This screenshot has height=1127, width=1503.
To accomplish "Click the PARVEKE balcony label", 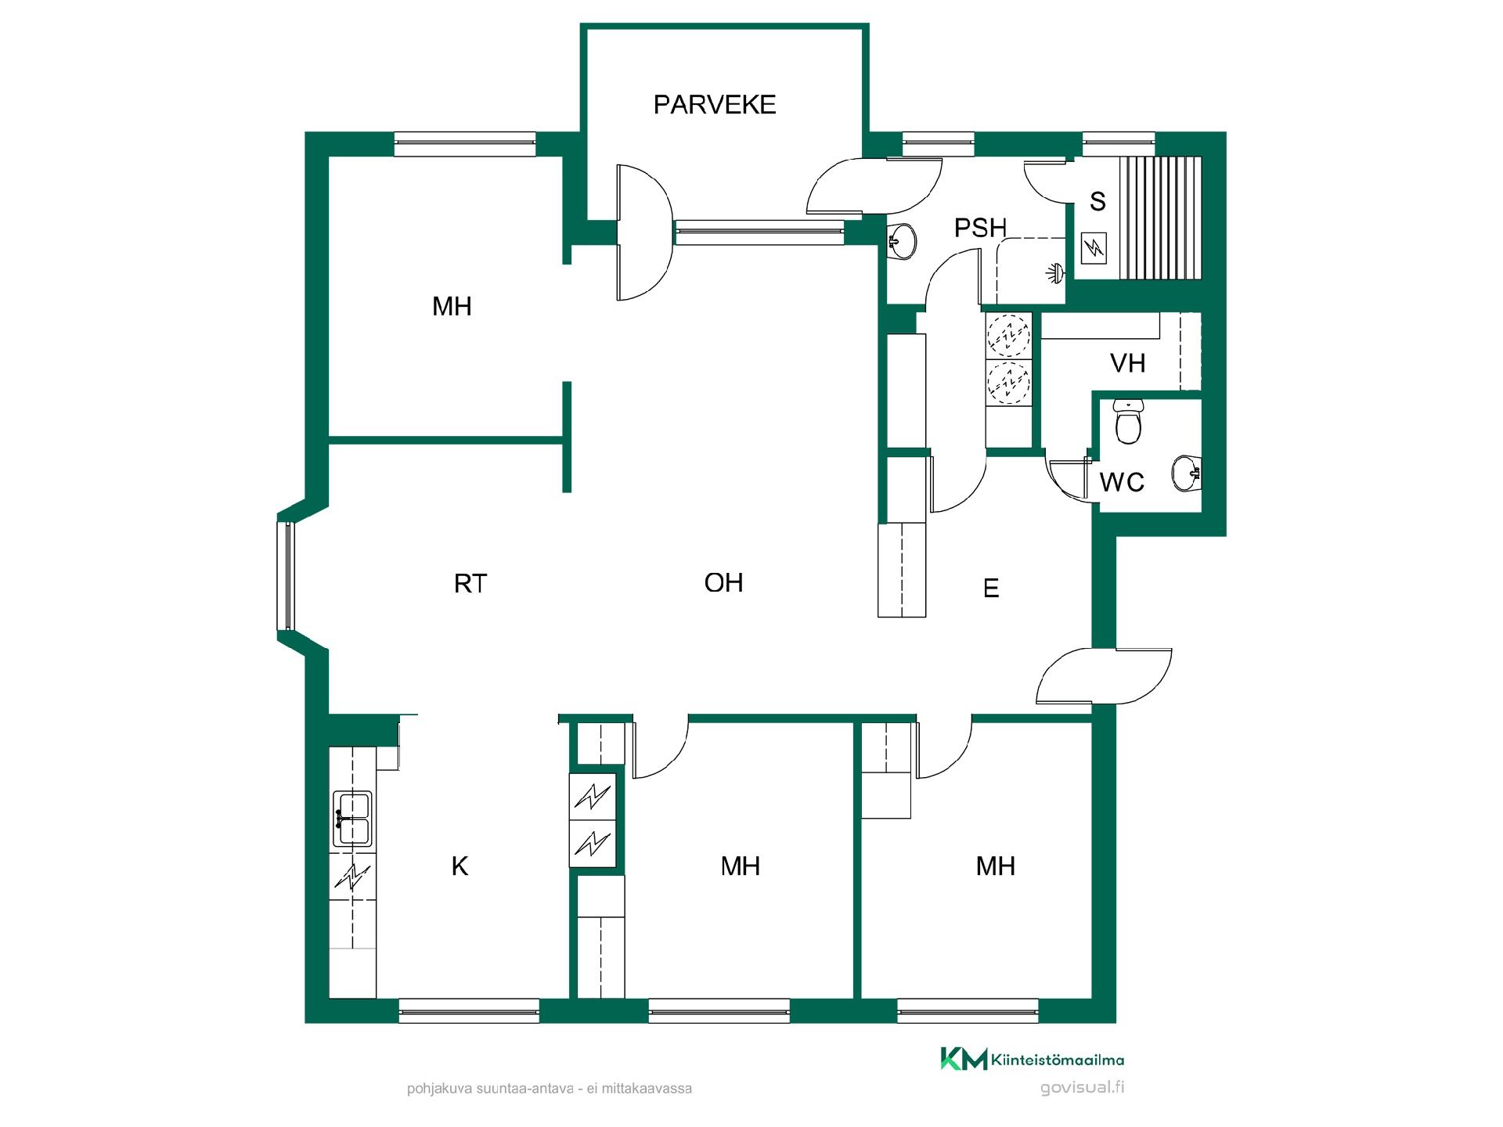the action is (x=715, y=104).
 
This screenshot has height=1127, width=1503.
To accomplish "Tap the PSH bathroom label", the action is (x=980, y=228).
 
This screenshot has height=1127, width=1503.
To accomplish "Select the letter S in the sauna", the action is (x=1098, y=201).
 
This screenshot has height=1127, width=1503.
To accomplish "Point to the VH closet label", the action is (x=1127, y=362).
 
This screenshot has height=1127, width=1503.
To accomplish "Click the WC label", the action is (x=1122, y=481).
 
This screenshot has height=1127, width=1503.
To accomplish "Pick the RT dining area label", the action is (x=470, y=583).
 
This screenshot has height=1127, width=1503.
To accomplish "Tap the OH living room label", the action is (x=723, y=582).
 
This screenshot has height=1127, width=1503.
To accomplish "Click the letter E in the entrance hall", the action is (x=991, y=588).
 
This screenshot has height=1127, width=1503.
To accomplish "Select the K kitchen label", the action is (x=460, y=866).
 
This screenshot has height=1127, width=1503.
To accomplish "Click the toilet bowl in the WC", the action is (x=1128, y=423).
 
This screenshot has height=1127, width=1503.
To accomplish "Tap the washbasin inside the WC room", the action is (x=1187, y=473).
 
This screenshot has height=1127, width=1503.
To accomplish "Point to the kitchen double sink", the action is (x=352, y=819).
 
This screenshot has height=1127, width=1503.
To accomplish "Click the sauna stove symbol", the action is (x=1093, y=249).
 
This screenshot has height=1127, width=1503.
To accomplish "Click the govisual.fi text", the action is (x=1083, y=1088).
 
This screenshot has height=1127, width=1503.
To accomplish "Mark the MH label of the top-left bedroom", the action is (x=452, y=306).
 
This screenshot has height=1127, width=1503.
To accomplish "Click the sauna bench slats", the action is (x=1160, y=218).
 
